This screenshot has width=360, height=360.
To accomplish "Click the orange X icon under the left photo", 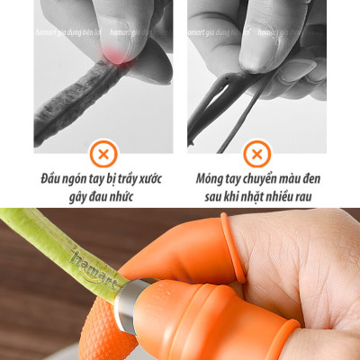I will click(x=103, y=151).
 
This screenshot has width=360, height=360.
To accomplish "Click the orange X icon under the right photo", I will click(x=256, y=151).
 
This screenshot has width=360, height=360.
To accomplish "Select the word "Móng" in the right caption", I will click(x=212, y=178).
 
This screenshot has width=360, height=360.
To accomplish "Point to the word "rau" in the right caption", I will click(x=301, y=196).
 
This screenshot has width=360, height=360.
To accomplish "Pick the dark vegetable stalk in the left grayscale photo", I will click(x=72, y=99).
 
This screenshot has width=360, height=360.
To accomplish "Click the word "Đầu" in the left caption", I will click(x=56, y=178).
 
